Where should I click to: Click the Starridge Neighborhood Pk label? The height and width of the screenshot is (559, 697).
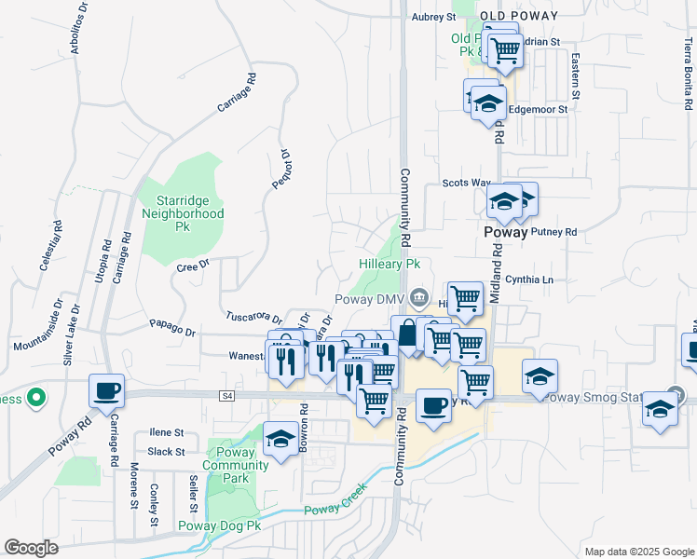[x=183, y=213]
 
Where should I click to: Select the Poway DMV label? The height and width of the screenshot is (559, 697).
[x=370, y=298]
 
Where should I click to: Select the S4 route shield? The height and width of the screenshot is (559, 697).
[x=226, y=396]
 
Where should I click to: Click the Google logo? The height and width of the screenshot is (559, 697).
[x=32, y=547]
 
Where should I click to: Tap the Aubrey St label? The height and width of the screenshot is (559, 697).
[x=434, y=17]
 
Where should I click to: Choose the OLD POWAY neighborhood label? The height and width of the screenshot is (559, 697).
[x=519, y=16]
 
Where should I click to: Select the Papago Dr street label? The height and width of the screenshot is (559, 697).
[x=172, y=331]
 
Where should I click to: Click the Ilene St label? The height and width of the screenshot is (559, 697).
[x=167, y=433]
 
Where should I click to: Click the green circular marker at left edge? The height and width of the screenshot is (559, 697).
[x=35, y=399]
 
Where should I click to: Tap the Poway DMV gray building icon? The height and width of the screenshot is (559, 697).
[x=419, y=298]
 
